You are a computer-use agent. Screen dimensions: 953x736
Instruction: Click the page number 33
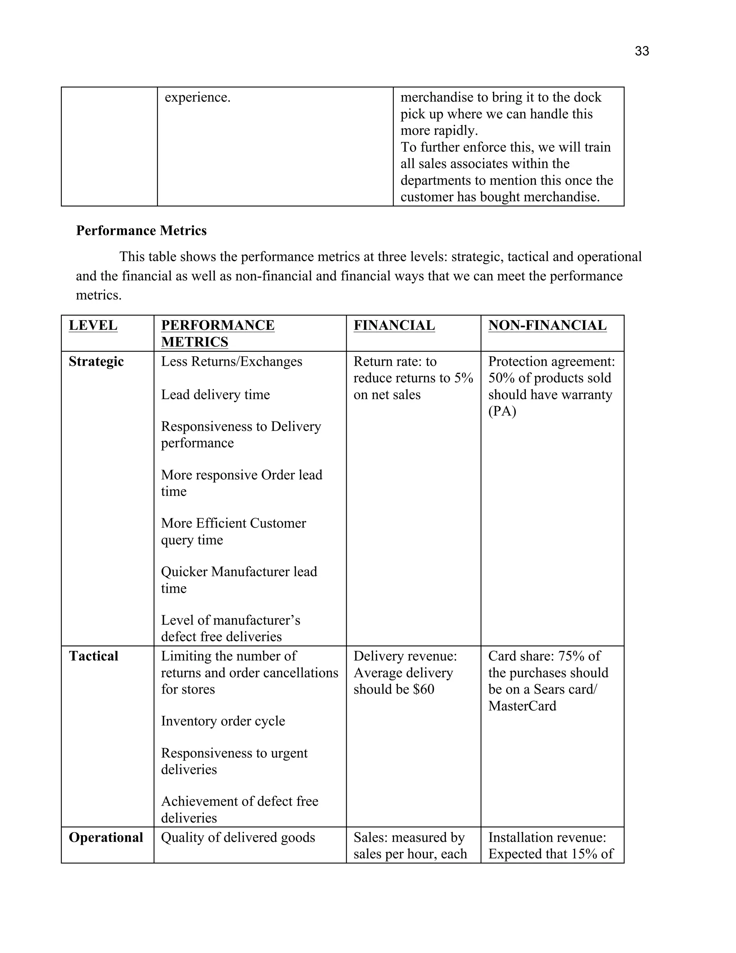(x=641, y=51)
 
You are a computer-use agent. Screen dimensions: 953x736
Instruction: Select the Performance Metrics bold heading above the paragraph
(x=141, y=231)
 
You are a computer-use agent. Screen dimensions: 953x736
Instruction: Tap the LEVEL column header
(x=93, y=325)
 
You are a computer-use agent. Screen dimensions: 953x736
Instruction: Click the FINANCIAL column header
(x=394, y=325)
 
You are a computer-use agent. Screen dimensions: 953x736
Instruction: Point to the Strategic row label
(x=96, y=362)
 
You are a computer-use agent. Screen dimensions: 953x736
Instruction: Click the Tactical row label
(x=93, y=656)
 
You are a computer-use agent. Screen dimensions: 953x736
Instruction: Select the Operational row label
(x=106, y=838)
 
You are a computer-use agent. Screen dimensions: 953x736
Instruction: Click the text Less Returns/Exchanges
(x=231, y=362)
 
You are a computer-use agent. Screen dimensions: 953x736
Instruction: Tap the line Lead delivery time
(x=215, y=395)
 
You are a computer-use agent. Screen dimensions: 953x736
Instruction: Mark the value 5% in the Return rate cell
(x=464, y=378)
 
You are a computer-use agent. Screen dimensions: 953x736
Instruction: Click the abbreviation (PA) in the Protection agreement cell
(x=502, y=411)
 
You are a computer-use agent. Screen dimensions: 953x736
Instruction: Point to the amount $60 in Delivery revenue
(x=423, y=689)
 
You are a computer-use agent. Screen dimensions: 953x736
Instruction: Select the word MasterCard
(x=522, y=706)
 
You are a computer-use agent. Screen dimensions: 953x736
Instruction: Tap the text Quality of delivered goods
(x=238, y=838)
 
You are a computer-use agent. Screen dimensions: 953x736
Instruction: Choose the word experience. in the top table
(x=198, y=97)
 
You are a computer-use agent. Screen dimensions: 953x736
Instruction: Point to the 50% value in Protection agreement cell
(x=501, y=378)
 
